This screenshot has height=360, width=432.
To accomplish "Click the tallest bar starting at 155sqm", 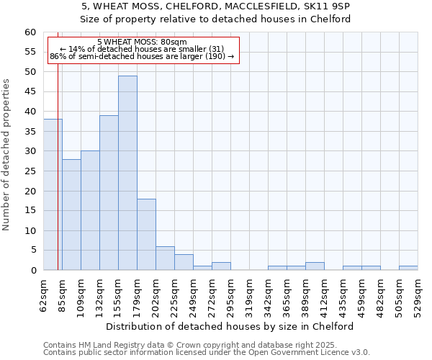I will (x=127, y=173).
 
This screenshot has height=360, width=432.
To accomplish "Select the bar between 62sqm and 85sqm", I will (x=53, y=194).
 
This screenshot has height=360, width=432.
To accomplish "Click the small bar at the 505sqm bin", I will (x=408, y=268).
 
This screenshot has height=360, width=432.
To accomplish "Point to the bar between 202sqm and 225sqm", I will (x=165, y=258).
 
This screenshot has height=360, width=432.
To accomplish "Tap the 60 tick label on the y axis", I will (x=30, y=32).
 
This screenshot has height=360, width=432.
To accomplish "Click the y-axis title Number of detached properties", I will (x=7, y=155).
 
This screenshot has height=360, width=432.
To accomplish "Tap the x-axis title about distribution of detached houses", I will (x=235, y=326).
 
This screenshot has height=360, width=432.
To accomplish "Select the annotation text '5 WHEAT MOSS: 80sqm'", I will (x=142, y=42).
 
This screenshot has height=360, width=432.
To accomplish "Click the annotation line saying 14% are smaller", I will (x=142, y=49).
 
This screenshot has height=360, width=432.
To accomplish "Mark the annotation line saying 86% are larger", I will (x=142, y=56).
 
